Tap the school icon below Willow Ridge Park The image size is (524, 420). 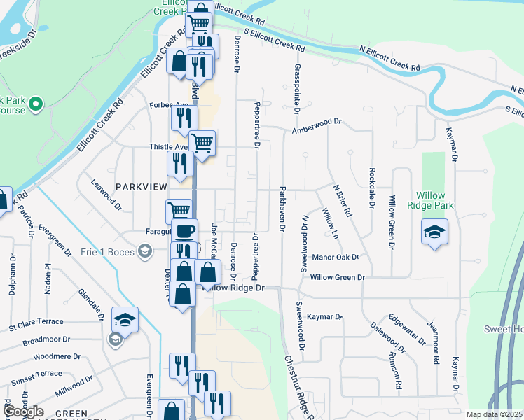[x=434, y=232]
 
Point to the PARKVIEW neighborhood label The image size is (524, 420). [x=142, y=187]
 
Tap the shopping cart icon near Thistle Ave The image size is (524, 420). [x=202, y=143]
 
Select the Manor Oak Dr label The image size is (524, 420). [x=336, y=257]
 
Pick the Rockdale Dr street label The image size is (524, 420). [x=370, y=188]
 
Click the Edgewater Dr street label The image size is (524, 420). [x=406, y=329]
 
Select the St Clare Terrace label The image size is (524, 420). [x=36, y=323]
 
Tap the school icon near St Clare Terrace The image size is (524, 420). [x=125, y=319]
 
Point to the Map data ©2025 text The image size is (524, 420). [x=493, y=414]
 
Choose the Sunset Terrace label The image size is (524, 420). [x=36, y=375]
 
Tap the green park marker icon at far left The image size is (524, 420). [x=36, y=105]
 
